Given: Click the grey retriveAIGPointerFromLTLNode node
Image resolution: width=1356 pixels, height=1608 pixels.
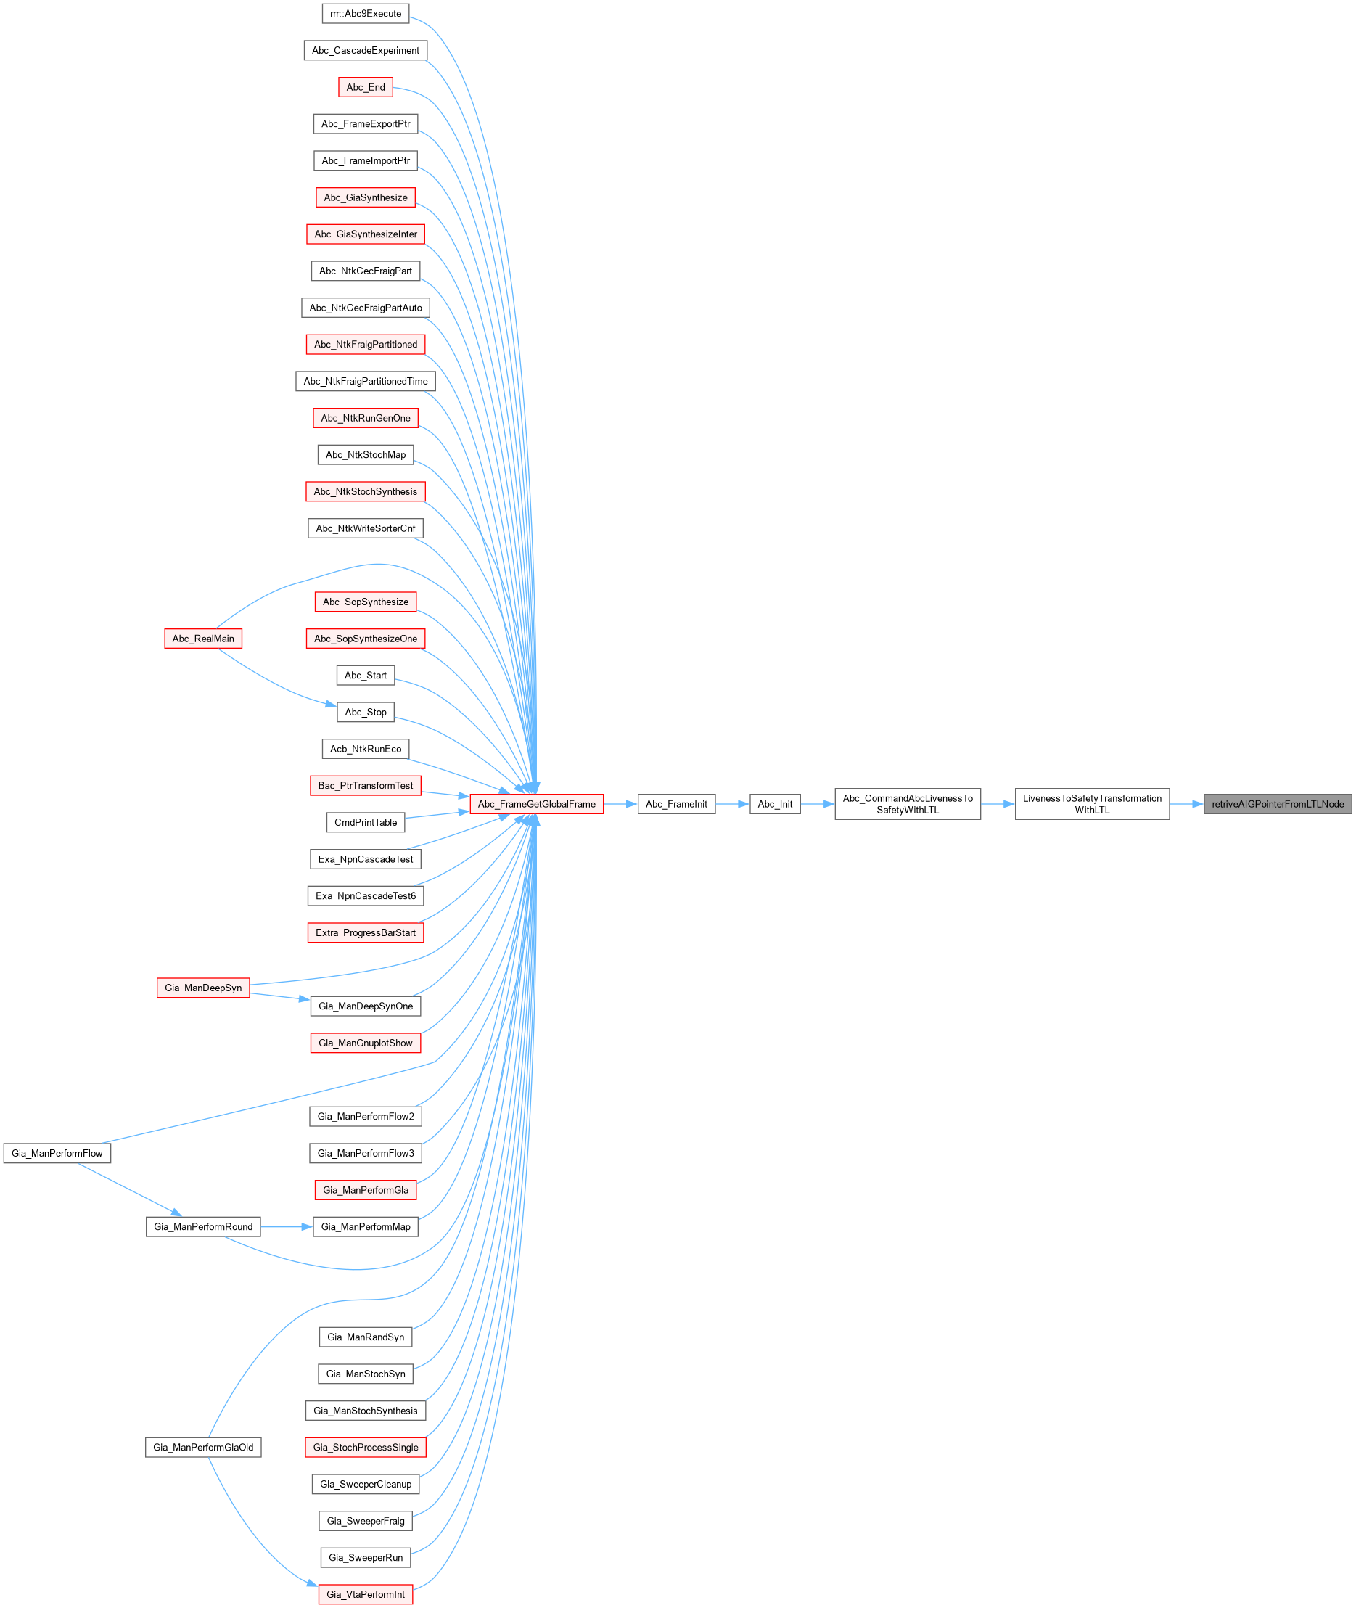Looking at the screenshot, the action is pyautogui.click(x=1277, y=804).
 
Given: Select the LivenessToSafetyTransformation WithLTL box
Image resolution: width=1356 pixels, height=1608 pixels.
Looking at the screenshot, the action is pyautogui.click(x=1092, y=804).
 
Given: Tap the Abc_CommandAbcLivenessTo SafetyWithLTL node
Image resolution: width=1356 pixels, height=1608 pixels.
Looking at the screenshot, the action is pyautogui.click(x=907, y=804).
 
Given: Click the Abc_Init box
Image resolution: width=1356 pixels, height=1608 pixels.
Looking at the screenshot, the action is pyautogui.click(x=775, y=804).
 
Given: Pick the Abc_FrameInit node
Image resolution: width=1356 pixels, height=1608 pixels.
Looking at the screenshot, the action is pyautogui.click(x=676, y=804).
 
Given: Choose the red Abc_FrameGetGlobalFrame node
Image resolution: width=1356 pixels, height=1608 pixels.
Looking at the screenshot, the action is pyautogui.click(x=537, y=804).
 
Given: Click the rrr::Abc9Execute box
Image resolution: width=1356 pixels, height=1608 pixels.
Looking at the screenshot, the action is pyautogui.click(x=366, y=14).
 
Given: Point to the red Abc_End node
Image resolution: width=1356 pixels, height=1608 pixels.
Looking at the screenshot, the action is pyautogui.click(x=366, y=87).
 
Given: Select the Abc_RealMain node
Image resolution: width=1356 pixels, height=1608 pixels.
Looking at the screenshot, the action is pyautogui.click(x=203, y=638).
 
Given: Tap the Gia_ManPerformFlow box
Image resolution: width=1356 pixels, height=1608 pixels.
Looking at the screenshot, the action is pyautogui.click(x=57, y=1153).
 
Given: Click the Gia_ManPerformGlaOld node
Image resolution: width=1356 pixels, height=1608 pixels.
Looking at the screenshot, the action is pyautogui.click(x=203, y=1448).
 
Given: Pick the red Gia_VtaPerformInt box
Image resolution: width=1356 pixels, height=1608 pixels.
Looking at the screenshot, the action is pyautogui.click(x=366, y=1594).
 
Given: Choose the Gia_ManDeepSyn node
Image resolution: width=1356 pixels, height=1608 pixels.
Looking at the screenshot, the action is pyautogui.click(x=203, y=988).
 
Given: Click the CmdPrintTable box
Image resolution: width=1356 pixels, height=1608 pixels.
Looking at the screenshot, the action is pyautogui.click(x=366, y=822).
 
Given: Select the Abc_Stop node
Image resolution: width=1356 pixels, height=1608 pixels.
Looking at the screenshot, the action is pyautogui.click(x=366, y=712).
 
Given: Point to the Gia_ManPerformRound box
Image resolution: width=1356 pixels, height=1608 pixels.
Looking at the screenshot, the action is pyautogui.click(x=203, y=1227).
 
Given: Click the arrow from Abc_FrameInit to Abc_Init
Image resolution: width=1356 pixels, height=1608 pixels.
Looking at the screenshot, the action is pyautogui.click(x=732, y=804).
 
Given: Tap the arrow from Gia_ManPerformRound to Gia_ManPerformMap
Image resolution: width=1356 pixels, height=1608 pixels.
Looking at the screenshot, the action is pyautogui.click(x=287, y=1227).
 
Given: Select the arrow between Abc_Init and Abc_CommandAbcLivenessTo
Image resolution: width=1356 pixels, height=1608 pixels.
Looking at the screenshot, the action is pyautogui.click(x=817, y=804).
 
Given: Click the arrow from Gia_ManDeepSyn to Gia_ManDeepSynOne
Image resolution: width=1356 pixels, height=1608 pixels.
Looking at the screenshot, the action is pyautogui.click(x=280, y=996).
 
